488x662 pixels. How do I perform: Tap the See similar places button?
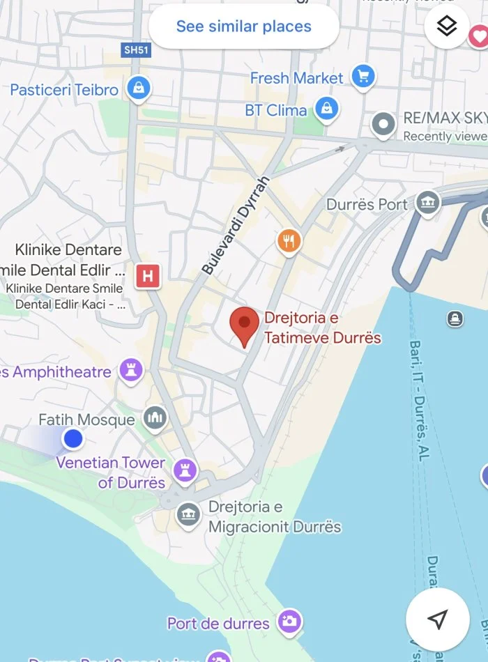coord(243,27)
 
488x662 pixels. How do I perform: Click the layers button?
coord(446,26)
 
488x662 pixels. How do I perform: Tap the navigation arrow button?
coord(437,619)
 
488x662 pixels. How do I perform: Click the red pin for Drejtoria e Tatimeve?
coord(244,325)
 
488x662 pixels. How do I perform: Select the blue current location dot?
coord(73,439)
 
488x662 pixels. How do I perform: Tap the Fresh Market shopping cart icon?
coord(363,77)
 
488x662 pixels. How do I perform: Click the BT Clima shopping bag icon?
coord(326,109)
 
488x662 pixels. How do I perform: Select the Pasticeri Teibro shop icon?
coord(139,88)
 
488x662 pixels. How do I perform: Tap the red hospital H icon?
coord(147,276)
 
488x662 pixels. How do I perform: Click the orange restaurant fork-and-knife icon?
coord(289,241)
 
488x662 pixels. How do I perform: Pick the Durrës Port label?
coord(367,205)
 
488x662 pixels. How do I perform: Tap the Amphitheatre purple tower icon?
coord(130,371)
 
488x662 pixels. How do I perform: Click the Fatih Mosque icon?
coord(155,418)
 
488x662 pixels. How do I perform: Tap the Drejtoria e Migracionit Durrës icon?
coord(188,516)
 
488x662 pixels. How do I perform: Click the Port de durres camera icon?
coord(289,621)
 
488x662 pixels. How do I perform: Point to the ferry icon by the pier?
coord(455,319)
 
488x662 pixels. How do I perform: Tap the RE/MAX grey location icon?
coord(383,125)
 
